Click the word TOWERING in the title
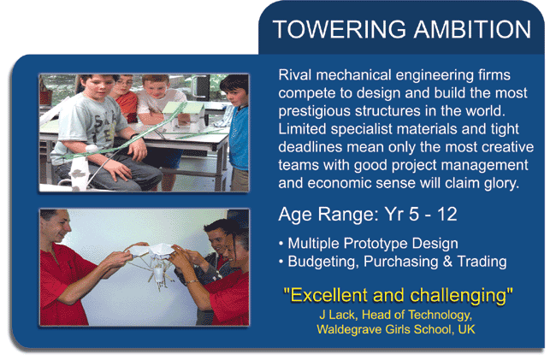[x=340, y=29]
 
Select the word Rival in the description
[x=295, y=75]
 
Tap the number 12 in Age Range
[x=447, y=215]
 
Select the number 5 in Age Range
[x=413, y=215]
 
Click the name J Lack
[x=337, y=315]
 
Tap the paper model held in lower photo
[x=153, y=263]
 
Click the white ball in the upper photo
[x=92, y=148]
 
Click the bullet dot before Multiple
[x=281, y=245]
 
